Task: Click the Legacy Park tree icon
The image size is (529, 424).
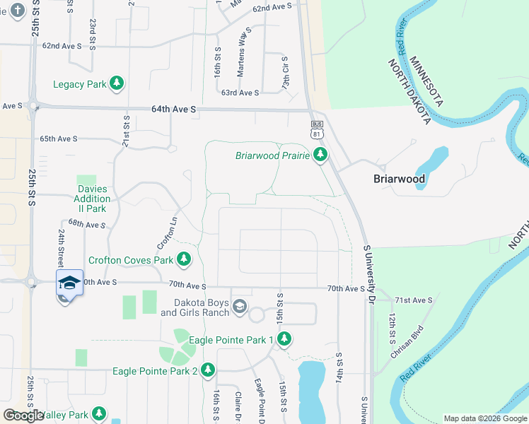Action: click(x=117, y=84)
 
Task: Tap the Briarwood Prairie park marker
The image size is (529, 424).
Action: click(x=321, y=155)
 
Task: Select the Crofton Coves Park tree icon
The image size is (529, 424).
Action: click(x=184, y=259)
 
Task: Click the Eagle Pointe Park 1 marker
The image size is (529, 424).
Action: click(x=284, y=340)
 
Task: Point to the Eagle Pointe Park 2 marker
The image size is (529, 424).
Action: click(x=208, y=370)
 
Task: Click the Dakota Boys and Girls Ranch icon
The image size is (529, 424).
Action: click(x=240, y=305)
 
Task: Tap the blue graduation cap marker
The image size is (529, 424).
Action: click(x=69, y=283)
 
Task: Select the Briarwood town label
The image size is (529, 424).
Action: click(x=399, y=179)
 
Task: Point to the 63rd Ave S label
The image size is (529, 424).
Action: click(x=240, y=93)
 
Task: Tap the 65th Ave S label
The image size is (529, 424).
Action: click(x=59, y=139)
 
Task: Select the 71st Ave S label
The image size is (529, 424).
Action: click(x=413, y=300)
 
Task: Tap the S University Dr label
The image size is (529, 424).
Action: click(x=368, y=275)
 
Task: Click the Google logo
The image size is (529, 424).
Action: click(x=23, y=416)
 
